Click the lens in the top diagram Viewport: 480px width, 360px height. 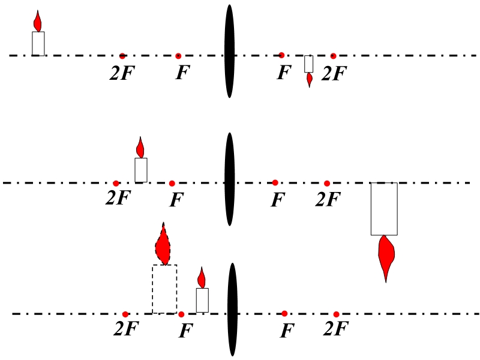point(229,52)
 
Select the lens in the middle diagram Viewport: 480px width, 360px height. point(229,179)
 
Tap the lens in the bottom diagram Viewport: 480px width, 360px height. point(233,310)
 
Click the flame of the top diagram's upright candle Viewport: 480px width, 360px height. point(38,22)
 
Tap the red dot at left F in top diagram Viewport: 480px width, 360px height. point(178,56)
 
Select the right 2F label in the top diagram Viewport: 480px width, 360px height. point(334,73)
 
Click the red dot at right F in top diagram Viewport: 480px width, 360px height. point(281,55)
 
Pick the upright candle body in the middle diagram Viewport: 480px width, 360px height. point(141,170)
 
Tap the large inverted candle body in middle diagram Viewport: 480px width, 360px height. point(384,208)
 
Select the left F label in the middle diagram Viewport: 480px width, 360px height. point(175,199)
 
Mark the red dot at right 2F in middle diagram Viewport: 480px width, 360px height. point(327,183)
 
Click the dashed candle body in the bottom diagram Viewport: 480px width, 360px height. point(164,289)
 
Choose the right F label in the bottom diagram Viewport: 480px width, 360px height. point(288,331)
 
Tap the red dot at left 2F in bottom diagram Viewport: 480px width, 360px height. point(125,314)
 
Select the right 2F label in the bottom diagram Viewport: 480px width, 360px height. point(336,329)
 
